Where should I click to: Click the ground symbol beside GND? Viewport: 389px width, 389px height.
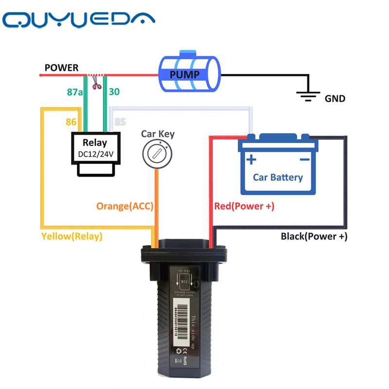coord(307,95)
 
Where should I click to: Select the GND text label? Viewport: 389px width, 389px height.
coord(335,99)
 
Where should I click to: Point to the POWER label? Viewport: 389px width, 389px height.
coord(61,68)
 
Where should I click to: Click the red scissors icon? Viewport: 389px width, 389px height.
coord(97,84)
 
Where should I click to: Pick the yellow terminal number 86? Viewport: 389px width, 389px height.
coord(71,122)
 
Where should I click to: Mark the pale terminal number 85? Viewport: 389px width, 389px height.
coord(120,122)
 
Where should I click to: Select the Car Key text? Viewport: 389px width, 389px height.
coord(158,134)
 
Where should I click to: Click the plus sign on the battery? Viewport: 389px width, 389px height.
coord(251,160)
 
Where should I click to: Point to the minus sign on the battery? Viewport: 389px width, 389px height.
coord(304,160)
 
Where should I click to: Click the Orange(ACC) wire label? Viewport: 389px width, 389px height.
coord(124,206)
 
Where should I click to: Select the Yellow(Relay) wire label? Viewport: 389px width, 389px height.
coord(72,237)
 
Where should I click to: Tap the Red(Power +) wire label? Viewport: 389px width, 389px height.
coord(244,206)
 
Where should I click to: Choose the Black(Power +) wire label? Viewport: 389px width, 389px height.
coord(314,237)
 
